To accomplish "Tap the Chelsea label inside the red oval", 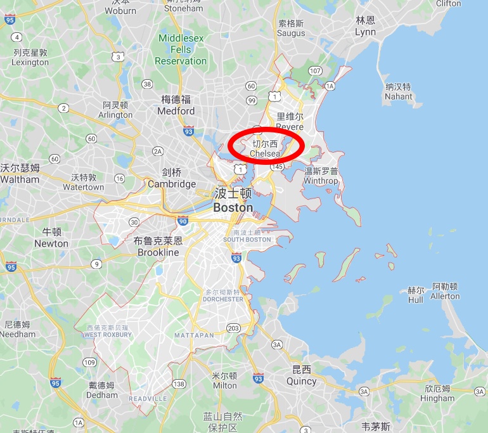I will (x=265, y=149).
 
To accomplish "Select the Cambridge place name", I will (x=172, y=178).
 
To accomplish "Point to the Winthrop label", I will (x=321, y=176).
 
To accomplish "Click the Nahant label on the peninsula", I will (x=398, y=92).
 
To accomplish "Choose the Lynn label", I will (x=365, y=27).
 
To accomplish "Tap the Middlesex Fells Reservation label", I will (x=181, y=49).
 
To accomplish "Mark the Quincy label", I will (x=301, y=375).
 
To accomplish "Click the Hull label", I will (x=416, y=295).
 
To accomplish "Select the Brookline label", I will (x=158, y=247).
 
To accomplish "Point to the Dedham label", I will (x=102, y=389).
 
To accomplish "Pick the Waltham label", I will (x=20, y=174).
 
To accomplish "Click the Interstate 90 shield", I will (x=183, y=221).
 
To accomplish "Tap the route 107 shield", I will (x=316, y=70).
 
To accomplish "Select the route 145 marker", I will (x=276, y=166).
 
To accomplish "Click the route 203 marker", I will (x=233, y=328).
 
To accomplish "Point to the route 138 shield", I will (x=179, y=384).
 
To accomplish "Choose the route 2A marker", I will (x=158, y=151).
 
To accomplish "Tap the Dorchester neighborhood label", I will (x=224, y=295).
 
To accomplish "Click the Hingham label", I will (x=437, y=393).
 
